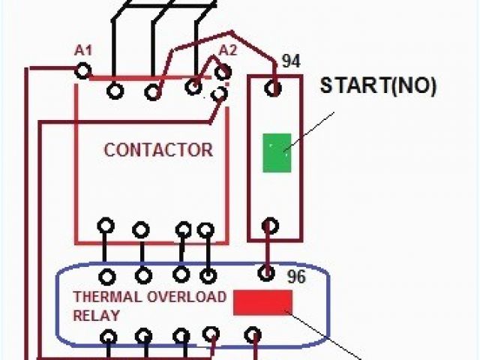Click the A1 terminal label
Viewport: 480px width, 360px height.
(82, 50)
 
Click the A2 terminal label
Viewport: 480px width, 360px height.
(227, 50)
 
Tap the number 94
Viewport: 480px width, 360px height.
(290, 60)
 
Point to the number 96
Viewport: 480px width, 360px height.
(296, 276)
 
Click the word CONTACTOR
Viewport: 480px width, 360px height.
(158, 149)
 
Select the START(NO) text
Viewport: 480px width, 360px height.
(378, 85)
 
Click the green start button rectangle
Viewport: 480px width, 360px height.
(277, 152)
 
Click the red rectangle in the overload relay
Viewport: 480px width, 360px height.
(262, 301)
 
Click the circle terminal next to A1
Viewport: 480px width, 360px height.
(82, 70)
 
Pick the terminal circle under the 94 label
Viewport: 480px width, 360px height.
(274, 89)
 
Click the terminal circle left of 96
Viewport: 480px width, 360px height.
(265, 272)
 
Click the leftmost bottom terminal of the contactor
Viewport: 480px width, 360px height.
(106, 226)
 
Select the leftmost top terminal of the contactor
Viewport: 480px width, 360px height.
(115, 91)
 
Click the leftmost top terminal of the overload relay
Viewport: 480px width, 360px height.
(109, 276)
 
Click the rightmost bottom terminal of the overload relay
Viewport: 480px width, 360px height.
(254, 333)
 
